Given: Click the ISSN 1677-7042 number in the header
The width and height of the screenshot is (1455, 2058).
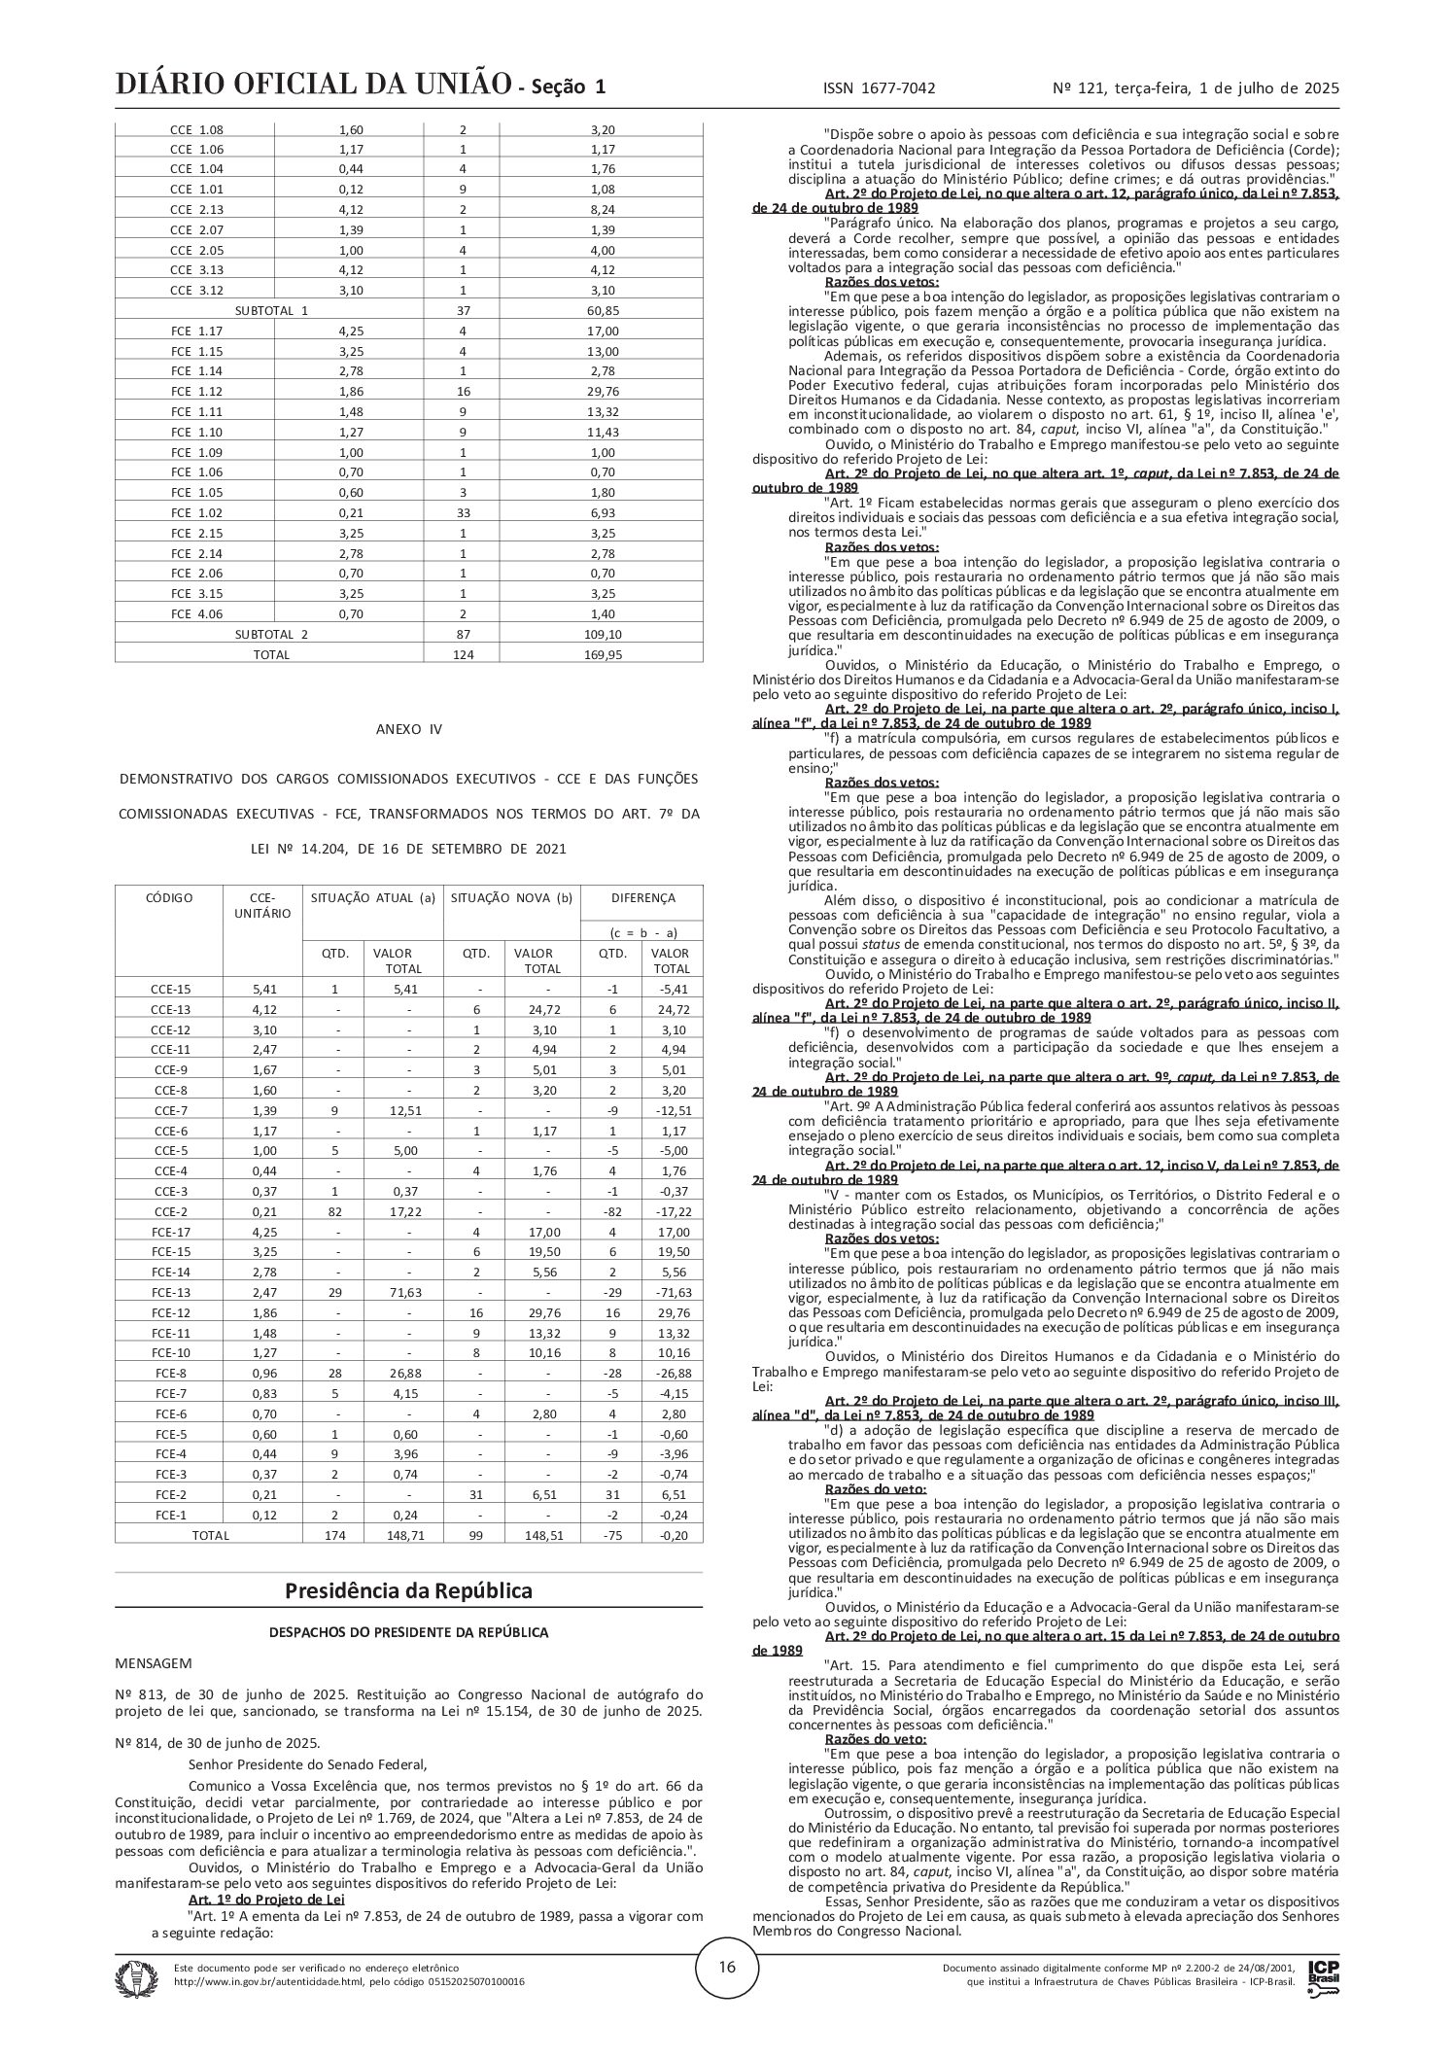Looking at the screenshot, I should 879,88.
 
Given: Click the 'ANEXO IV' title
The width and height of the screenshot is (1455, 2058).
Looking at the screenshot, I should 408,729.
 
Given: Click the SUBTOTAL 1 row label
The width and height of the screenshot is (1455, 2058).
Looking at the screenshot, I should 271,311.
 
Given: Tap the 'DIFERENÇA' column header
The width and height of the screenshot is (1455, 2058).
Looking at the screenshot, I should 641,898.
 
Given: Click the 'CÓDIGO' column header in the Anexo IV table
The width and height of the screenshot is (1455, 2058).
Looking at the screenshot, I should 169,898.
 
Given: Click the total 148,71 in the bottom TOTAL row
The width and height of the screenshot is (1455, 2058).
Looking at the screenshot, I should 403,1536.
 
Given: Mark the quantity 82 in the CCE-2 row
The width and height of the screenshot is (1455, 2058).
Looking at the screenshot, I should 335,1212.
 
